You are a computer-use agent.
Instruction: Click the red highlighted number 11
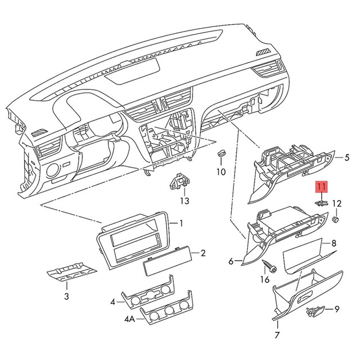click(321, 187)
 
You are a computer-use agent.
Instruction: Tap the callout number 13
click(184, 201)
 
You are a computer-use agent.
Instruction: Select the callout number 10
click(221, 172)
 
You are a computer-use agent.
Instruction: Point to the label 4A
click(130, 319)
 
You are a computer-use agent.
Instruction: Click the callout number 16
click(264, 280)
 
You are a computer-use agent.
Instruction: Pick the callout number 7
click(277, 335)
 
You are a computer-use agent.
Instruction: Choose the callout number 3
click(66, 296)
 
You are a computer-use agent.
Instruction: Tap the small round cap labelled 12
click(336, 220)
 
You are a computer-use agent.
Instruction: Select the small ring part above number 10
click(221, 152)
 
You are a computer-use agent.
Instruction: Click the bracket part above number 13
click(179, 181)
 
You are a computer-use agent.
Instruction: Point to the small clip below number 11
click(321, 203)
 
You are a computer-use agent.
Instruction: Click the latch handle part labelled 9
click(315, 310)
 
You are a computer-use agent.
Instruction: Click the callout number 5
click(347, 157)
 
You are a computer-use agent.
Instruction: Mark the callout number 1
click(181, 223)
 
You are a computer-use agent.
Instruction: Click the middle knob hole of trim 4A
click(169, 310)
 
